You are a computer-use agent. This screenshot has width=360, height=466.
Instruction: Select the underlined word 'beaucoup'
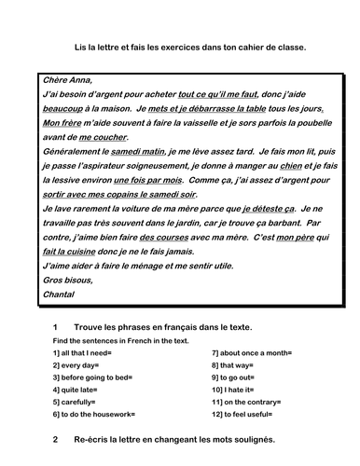(x=63, y=109)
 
